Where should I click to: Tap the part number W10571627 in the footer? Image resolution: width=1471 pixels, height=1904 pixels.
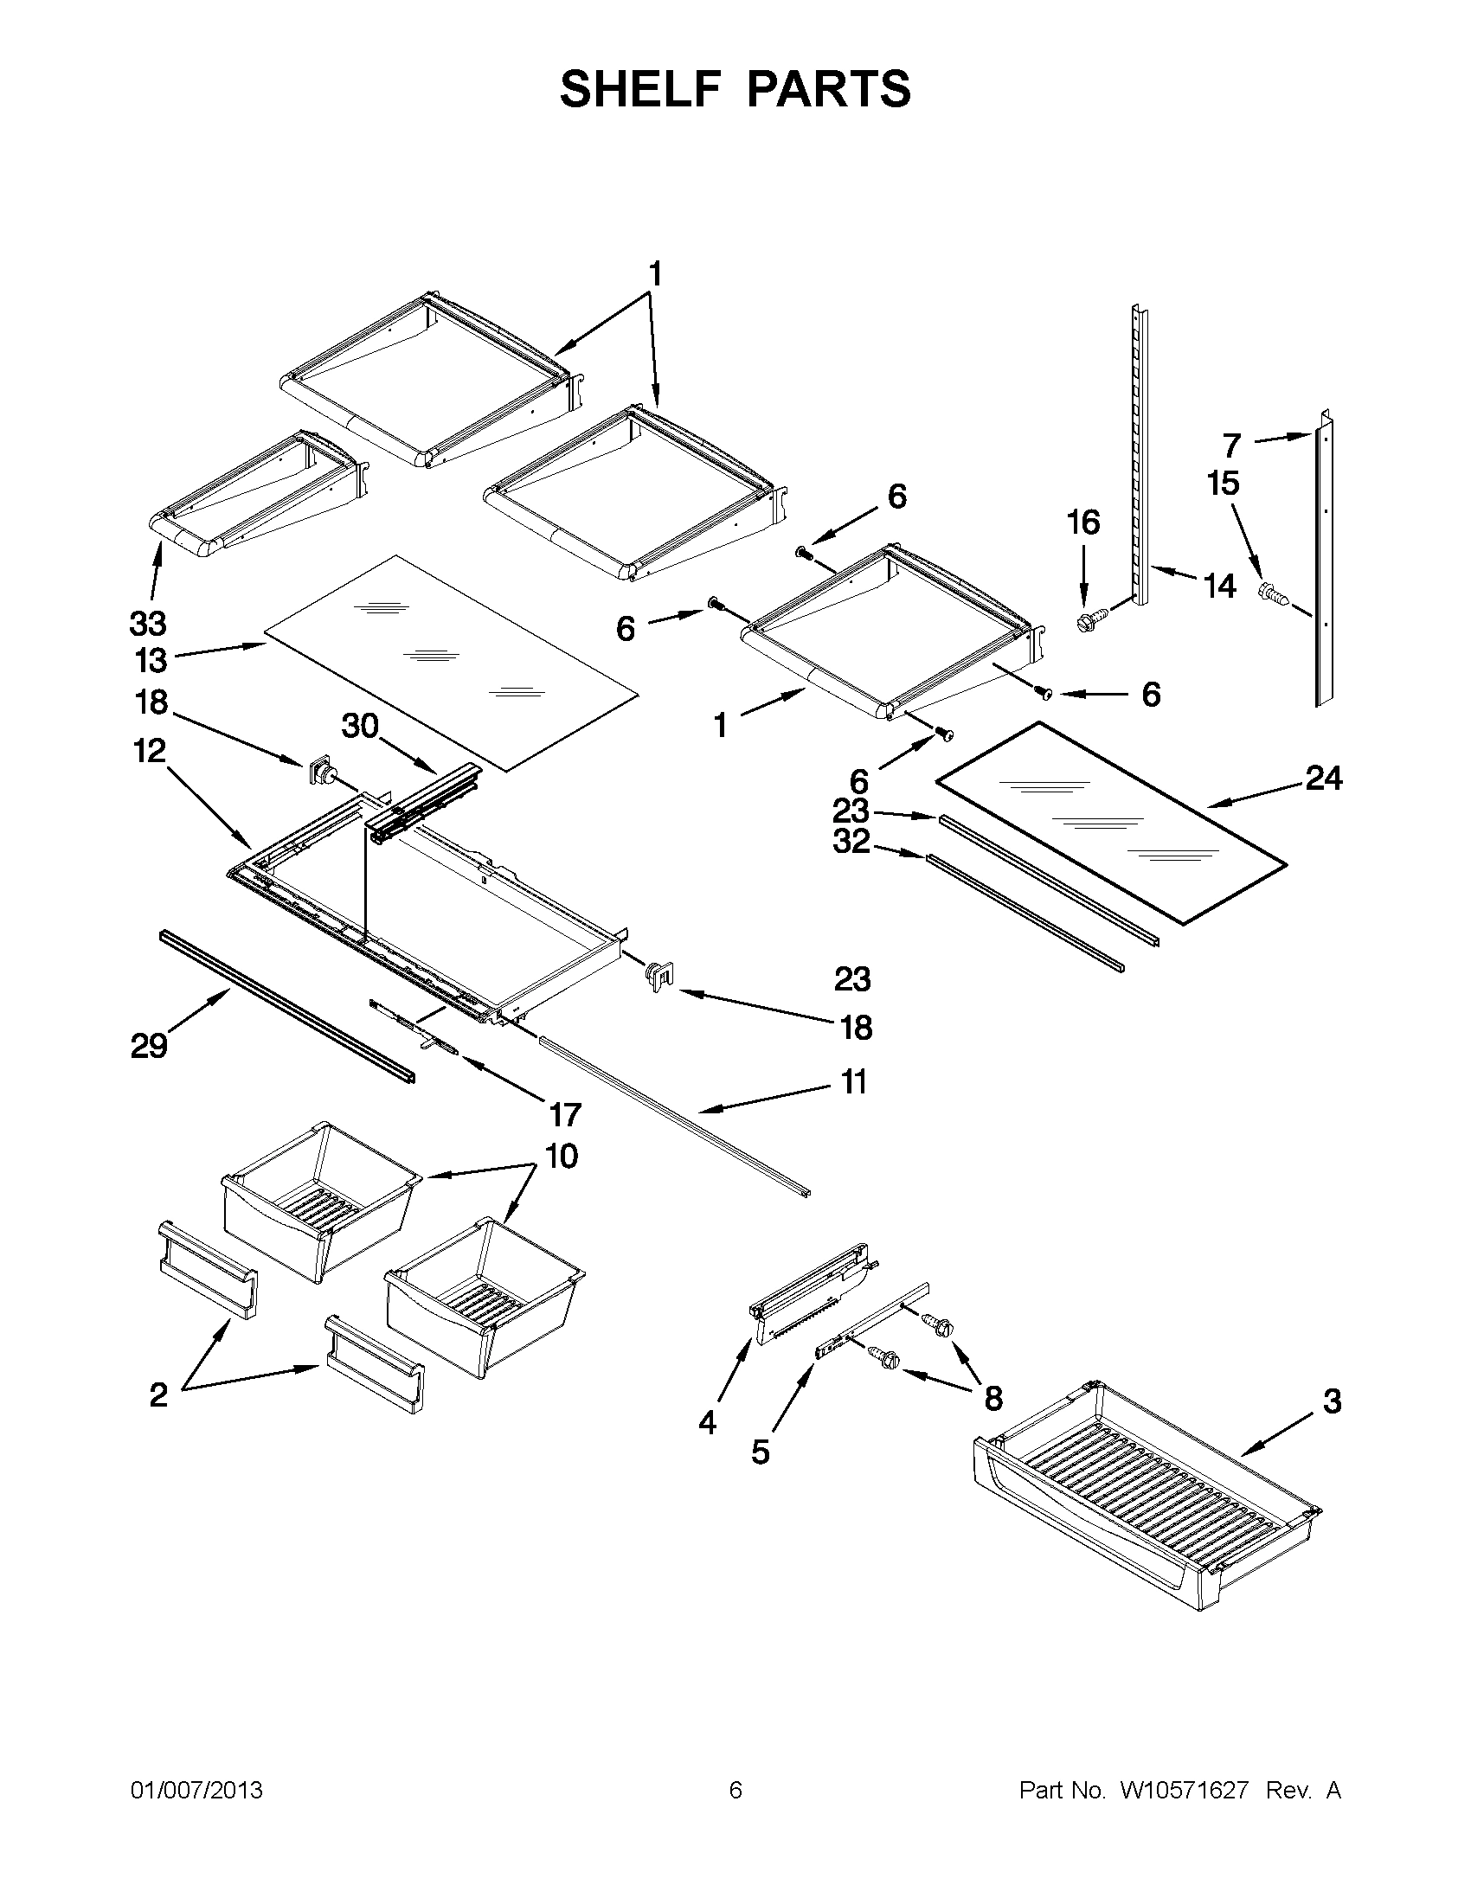point(1183,1791)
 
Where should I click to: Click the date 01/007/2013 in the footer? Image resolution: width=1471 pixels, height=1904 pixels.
point(196,1791)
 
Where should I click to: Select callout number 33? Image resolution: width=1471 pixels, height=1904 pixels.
point(148,625)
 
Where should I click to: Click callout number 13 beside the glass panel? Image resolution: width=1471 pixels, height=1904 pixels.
point(150,661)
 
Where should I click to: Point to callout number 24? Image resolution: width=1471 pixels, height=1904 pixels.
point(1323,778)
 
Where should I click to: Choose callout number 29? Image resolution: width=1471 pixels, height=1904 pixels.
point(149,1044)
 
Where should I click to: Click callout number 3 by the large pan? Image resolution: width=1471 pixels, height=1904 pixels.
point(1332,1401)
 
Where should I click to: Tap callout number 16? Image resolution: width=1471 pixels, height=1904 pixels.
point(1083,523)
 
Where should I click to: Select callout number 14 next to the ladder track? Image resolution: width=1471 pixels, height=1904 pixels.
point(1220,586)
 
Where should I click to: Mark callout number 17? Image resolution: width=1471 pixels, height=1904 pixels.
point(565,1114)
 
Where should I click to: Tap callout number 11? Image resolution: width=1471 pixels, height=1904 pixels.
point(854,1082)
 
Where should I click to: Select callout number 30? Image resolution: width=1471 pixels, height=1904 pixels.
point(359,725)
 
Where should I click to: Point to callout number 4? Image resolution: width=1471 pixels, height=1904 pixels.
point(708,1423)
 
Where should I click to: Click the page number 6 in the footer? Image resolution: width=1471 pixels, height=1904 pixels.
point(735,1791)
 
